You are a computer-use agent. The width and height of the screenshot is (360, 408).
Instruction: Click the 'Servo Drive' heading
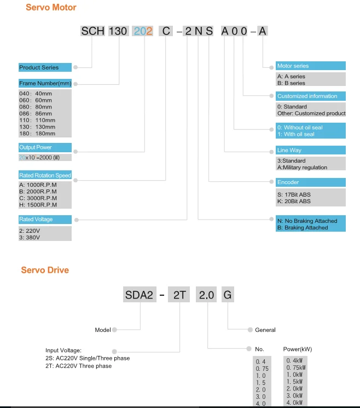click(45, 270)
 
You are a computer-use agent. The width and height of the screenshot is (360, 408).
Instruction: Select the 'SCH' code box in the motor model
click(92, 31)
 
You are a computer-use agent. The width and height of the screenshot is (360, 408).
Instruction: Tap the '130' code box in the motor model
click(118, 31)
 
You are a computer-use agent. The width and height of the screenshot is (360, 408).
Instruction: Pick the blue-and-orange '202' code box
click(144, 31)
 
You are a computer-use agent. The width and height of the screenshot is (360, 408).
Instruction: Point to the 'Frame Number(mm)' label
click(45, 83)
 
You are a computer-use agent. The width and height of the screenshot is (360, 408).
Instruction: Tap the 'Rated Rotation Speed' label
click(45, 176)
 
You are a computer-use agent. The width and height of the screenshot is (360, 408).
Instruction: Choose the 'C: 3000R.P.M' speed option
click(38, 198)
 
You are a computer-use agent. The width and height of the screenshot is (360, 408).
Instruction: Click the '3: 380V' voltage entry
click(30, 238)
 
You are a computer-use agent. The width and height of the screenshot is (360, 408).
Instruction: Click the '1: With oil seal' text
click(296, 134)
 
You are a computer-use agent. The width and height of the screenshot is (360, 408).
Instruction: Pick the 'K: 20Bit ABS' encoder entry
click(294, 201)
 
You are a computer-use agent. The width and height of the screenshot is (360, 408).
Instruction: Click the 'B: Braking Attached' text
click(303, 227)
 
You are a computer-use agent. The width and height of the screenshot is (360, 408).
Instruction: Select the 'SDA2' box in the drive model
click(139, 295)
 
